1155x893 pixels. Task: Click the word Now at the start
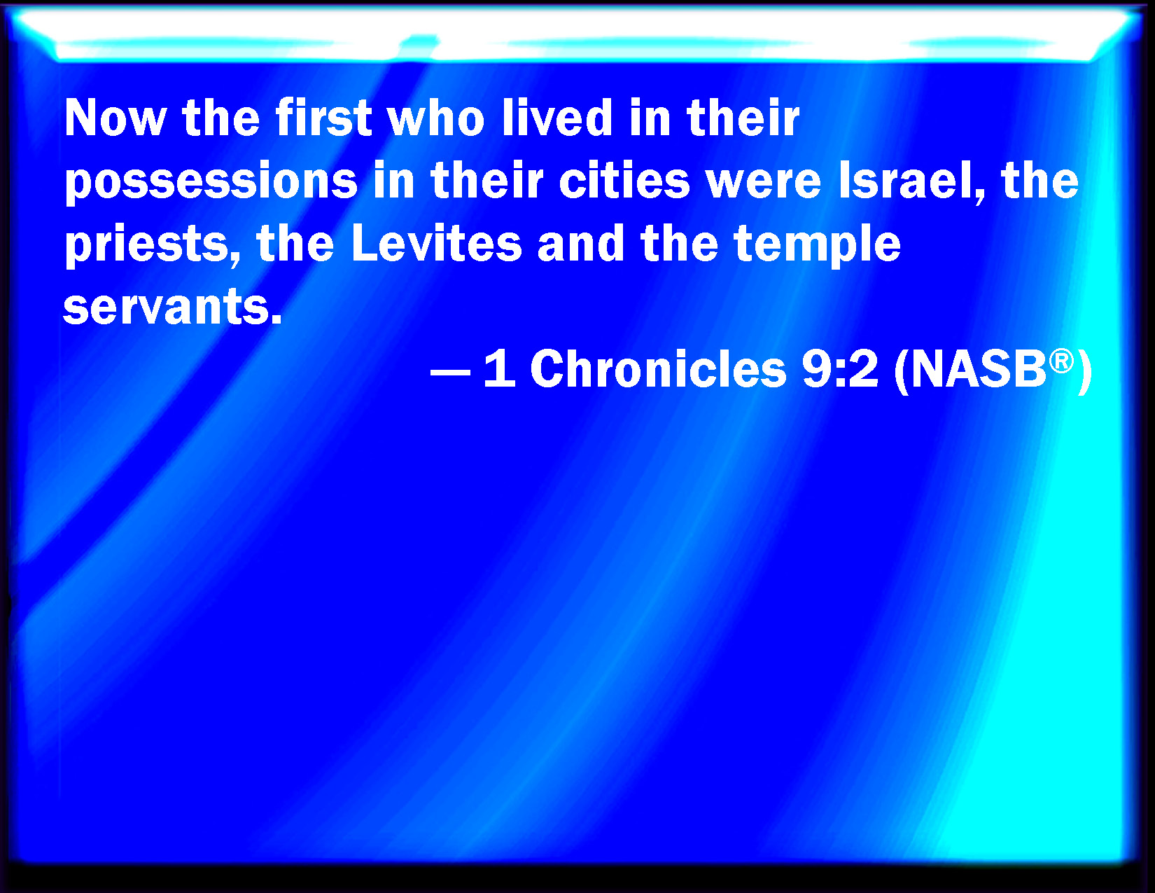point(115,118)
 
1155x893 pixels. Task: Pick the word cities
point(624,180)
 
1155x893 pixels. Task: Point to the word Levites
point(436,243)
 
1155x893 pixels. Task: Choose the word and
point(580,243)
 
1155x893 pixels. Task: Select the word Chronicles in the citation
point(658,368)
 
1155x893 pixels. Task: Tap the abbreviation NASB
point(978,368)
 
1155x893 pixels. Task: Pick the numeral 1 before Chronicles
point(500,368)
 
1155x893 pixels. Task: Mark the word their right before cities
point(487,180)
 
